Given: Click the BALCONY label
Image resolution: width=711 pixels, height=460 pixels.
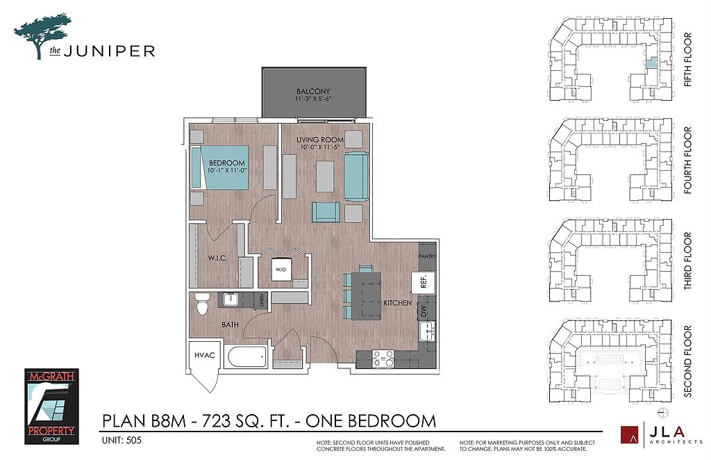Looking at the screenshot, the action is click(313, 91).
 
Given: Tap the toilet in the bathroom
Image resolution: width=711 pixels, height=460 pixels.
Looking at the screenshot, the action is click(202, 304).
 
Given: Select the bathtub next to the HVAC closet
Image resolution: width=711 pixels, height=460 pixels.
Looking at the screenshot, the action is click(246, 357).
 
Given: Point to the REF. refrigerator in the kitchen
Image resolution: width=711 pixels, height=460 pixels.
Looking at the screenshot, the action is click(423, 283).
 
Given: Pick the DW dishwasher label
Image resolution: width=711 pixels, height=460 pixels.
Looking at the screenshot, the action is click(424, 311).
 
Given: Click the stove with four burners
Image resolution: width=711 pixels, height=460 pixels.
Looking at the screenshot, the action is click(383, 359).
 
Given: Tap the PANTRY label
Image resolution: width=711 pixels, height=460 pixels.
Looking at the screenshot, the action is click(427, 256).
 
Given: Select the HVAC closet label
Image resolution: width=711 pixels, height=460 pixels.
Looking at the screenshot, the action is click(205, 355).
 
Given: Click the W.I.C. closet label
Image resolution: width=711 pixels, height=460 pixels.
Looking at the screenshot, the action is click(217, 258).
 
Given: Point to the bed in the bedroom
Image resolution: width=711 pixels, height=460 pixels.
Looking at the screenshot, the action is click(220, 167).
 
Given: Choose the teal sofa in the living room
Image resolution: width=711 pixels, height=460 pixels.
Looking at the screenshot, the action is click(356, 177).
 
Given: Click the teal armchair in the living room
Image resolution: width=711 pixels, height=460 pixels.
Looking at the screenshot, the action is click(326, 213).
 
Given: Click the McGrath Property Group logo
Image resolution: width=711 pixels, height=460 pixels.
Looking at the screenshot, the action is click(51, 406).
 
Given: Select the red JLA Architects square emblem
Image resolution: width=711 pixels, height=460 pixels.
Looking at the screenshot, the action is click(629, 434).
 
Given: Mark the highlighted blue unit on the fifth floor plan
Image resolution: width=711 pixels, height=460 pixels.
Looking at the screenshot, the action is click(651, 63).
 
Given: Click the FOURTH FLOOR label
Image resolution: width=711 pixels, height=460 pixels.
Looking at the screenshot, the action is click(688, 161).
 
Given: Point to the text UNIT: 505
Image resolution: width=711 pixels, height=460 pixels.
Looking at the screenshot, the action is click(122, 440).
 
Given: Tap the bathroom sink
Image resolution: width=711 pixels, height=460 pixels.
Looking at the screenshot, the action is click(231, 299).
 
